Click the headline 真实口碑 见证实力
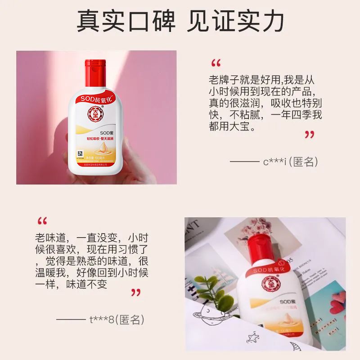[x=180, y=22]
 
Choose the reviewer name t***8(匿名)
[x=117, y=320]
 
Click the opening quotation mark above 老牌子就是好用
[x=216, y=63]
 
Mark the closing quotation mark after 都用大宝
[x=309, y=135]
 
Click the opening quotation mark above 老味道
[x=42, y=221]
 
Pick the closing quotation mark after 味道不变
[x=135, y=293]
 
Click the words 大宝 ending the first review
[x=243, y=127]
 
